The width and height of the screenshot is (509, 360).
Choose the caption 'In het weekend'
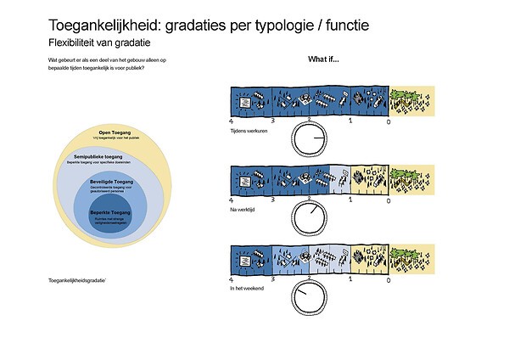coord(247,288)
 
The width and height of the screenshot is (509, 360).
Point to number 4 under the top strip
coord(232,122)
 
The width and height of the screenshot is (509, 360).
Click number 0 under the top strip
coord(389,122)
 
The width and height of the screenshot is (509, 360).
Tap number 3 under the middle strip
coord(273,200)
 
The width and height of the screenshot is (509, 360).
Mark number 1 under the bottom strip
coord(350,278)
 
